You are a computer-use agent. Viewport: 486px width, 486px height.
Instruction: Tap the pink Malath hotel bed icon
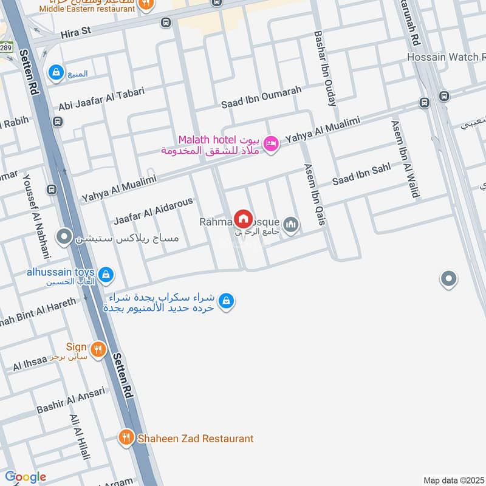(x=272, y=143)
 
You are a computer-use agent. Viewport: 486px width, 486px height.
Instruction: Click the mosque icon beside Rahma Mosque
(x=292, y=224)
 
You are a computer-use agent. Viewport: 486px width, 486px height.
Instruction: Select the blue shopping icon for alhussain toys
(x=106, y=275)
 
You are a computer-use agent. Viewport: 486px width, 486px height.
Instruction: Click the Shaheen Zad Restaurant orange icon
(x=126, y=438)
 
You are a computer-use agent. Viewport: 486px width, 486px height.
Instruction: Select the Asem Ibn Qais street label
(x=314, y=194)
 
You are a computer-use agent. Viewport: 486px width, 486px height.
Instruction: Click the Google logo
(x=26, y=477)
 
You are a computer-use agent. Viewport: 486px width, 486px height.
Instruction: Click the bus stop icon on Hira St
(x=166, y=22)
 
